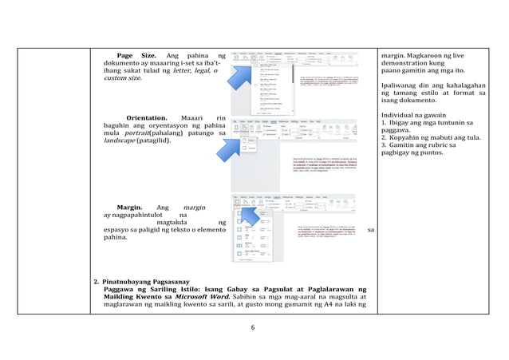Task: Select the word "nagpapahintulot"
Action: (x=136, y=215)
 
